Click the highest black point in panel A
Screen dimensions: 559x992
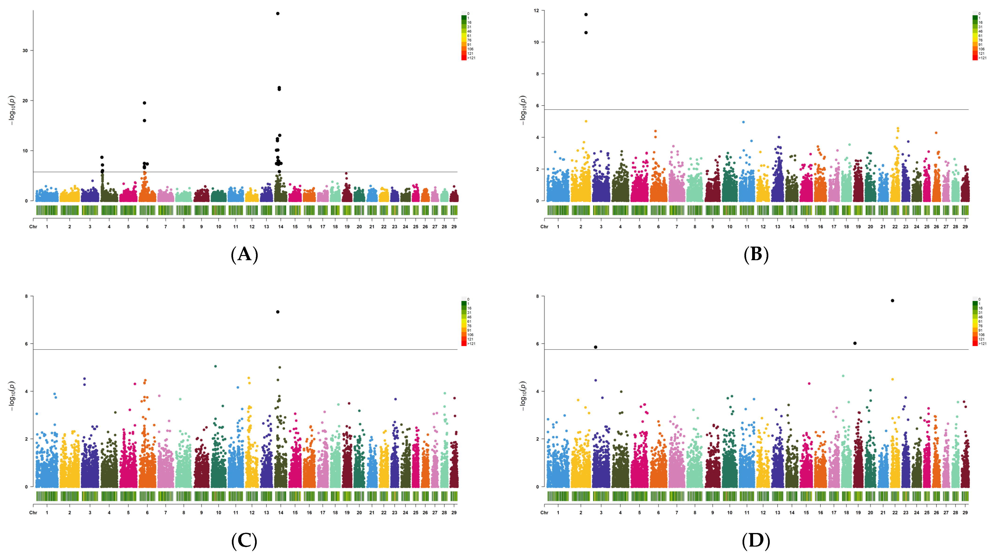(278, 13)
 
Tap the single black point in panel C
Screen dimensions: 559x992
(278, 312)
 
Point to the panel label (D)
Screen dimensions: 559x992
(756, 540)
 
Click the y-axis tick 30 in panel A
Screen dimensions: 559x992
(25, 50)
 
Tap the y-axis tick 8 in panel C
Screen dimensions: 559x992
(26, 296)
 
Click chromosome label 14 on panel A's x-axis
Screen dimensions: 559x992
(281, 227)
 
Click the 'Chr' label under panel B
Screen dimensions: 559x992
(544, 227)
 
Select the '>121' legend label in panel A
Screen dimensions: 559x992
(471, 58)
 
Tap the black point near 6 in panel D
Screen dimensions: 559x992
(855, 343)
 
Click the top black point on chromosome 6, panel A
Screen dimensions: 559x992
(144, 103)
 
